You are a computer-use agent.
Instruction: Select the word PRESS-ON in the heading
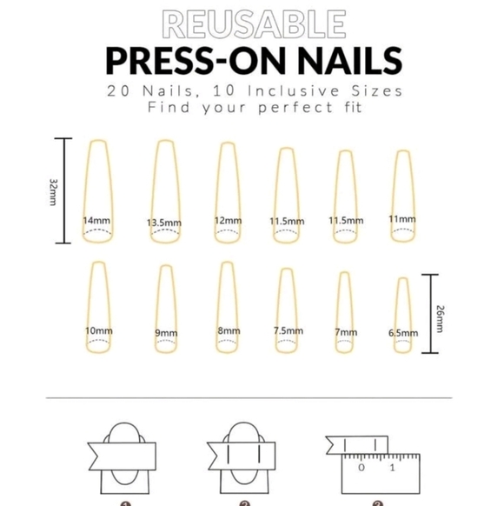(x=189, y=61)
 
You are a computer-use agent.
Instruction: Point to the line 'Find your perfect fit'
(x=252, y=109)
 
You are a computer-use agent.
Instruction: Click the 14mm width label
(x=96, y=221)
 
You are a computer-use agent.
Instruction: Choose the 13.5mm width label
(x=164, y=223)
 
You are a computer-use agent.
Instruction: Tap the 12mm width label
(x=228, y=221)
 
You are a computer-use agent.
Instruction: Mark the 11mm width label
(x=402, y=219)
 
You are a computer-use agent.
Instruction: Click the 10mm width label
(x=98, y=330)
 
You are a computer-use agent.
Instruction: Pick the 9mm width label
(x=166, y=332)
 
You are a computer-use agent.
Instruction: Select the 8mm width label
(x=229, y=330)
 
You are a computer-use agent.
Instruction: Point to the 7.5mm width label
(x=288, y=331)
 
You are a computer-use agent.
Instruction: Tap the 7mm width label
(x=345, y=332)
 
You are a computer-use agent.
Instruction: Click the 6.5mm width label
(x=402, y=332)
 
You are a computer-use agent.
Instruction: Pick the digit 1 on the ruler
(x=392, y=467)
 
